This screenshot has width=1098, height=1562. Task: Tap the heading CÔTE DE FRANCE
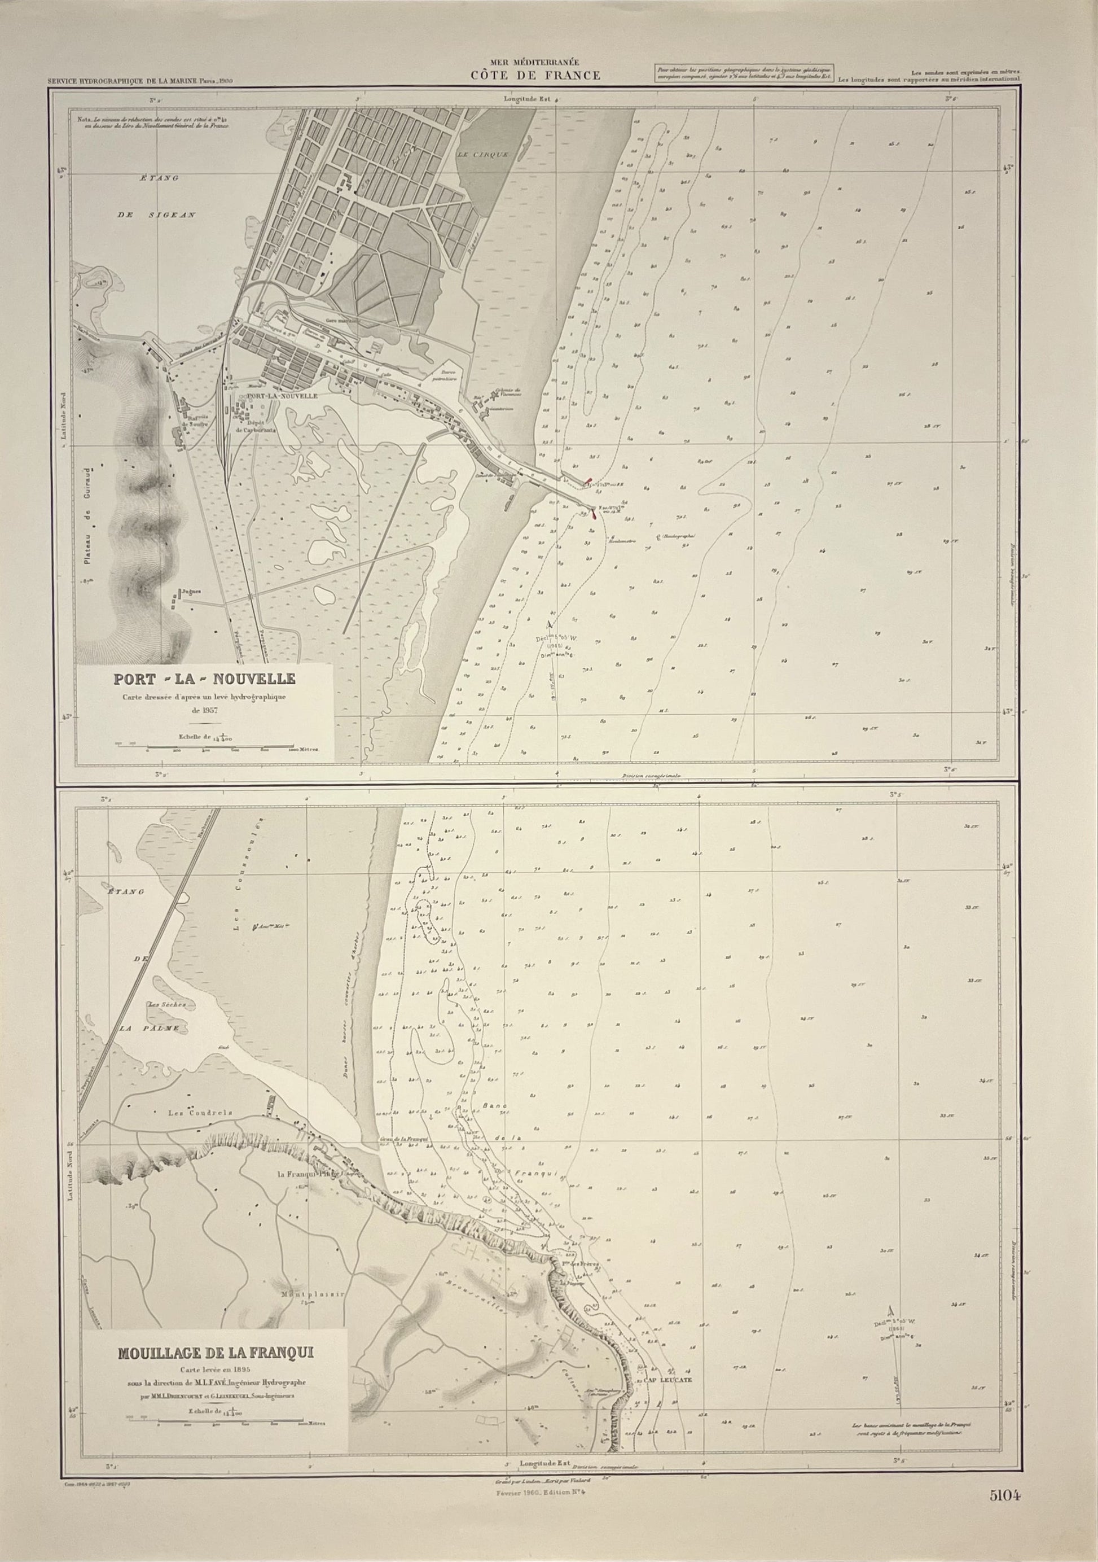click(536, 76)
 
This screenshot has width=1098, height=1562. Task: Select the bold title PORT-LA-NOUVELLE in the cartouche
click(204, 679)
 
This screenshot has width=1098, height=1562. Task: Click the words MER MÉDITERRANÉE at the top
click(536, 63)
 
